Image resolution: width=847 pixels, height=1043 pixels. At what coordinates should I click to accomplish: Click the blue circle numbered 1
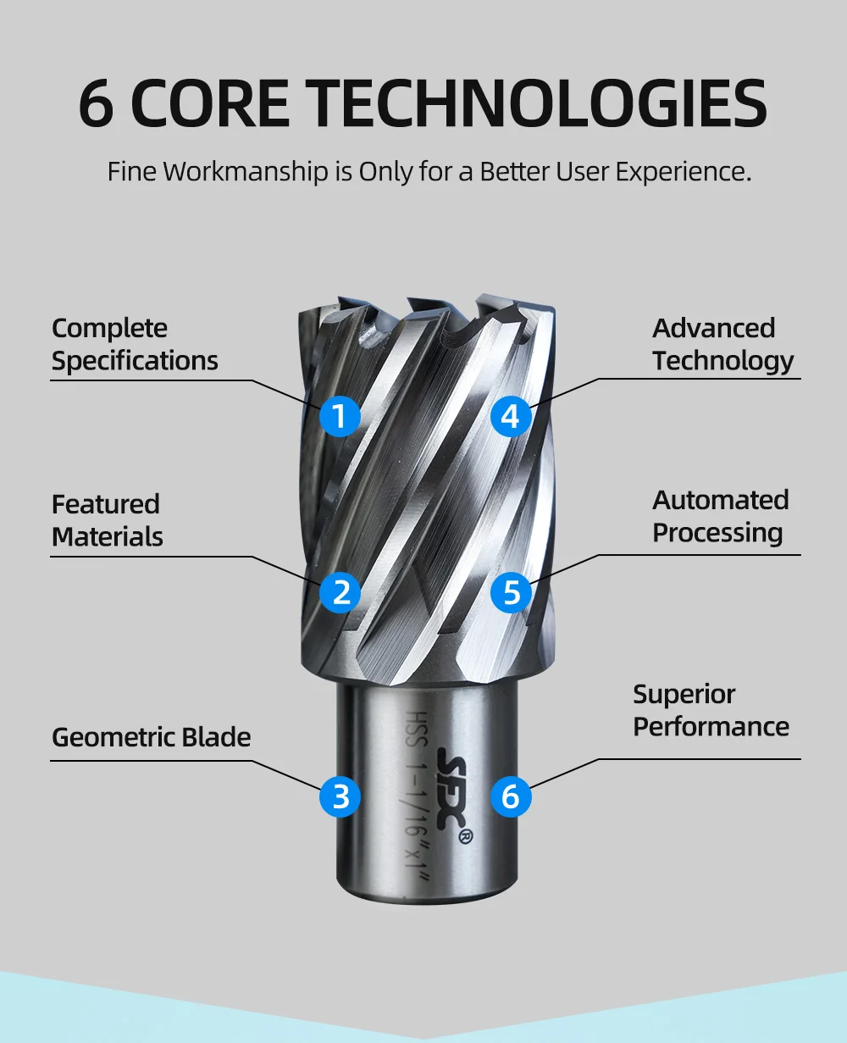tap(340, 416)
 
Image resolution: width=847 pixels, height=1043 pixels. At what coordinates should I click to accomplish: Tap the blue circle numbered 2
tap(340, 591)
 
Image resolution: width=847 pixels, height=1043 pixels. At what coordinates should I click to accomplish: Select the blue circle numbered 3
tap(340, 796)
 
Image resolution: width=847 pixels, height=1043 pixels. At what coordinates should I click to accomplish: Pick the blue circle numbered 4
tap(511, 416)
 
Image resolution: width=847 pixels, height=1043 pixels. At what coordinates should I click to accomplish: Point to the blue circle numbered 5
tap(512, 591)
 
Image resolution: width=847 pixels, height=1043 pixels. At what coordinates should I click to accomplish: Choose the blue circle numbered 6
tap(511, 796)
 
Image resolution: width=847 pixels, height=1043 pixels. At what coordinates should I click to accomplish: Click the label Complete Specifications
tap(135, 344)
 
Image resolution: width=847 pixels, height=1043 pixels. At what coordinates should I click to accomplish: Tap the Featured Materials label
tap(107, 520)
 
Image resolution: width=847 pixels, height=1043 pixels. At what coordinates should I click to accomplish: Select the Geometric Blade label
tap(151, 737)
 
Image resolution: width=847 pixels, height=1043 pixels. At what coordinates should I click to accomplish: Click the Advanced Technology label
tap(722, 344)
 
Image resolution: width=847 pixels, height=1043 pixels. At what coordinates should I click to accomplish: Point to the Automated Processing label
tap(720, 516)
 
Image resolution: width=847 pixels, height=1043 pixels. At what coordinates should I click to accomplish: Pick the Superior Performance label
tap(711, 710)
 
